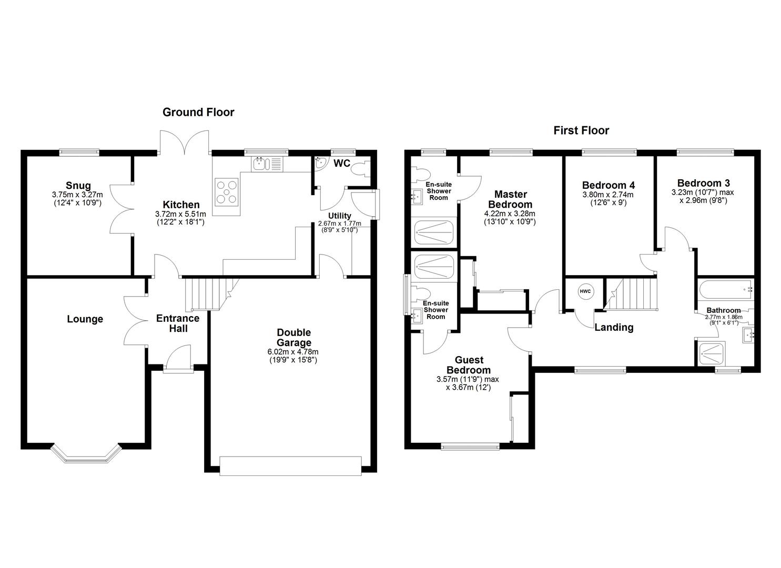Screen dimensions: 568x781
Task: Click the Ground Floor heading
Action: pos(198,112)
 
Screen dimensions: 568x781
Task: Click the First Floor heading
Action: pos(581,130)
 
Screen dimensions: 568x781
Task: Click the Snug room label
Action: pos(78,185)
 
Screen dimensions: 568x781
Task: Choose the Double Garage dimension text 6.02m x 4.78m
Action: pos(293,352)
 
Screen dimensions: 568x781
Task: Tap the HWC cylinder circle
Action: pos(585,291)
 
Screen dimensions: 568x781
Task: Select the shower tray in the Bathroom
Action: pos(712,353)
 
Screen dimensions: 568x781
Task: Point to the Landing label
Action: pos(614,327)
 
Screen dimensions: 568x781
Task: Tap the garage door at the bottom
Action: pos(290,466)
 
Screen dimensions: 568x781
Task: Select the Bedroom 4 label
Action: pos(608,185)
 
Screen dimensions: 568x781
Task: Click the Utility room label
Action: pos(339,216)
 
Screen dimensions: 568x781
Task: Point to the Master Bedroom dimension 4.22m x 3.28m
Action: pos(510,214)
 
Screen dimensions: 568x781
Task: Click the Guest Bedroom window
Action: pos(470,447)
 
